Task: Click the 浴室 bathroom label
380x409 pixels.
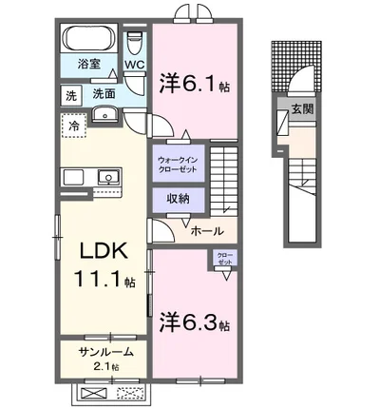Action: coord(80,68)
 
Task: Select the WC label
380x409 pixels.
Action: coord(134,66)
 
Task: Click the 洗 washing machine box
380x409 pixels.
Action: coord(71,95)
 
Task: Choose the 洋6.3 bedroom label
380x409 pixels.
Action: coord(193,321)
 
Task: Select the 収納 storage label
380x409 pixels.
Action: coord(177,200)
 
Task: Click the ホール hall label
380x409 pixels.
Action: coord(207,231)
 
